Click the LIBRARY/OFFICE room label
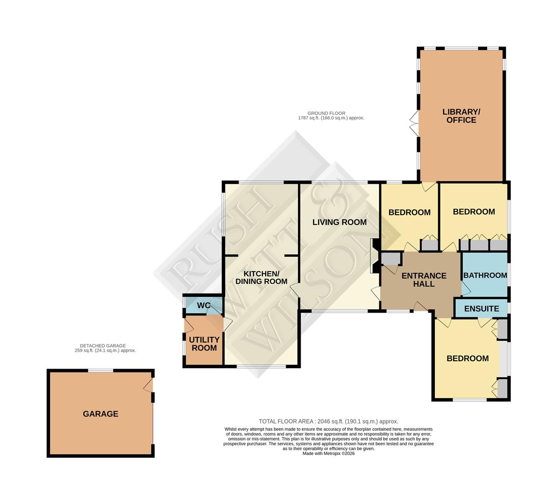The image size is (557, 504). [461, 116]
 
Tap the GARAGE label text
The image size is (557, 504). [100, 413]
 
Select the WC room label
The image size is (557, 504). [203, 305]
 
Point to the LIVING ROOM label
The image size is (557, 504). [339, 222]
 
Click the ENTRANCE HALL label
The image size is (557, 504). [424, 280]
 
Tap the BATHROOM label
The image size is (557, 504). [485, 275]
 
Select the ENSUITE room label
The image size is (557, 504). [481, 308]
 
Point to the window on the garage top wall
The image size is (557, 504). [100, 371]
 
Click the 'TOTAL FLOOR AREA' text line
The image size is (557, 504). [328, 421]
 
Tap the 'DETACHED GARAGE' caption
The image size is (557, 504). [105, 348]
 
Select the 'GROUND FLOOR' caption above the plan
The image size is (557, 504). [331, 116]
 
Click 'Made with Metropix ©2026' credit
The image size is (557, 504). [328, 453]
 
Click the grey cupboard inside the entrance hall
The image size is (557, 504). [391, 258]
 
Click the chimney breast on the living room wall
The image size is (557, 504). [374, 256]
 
